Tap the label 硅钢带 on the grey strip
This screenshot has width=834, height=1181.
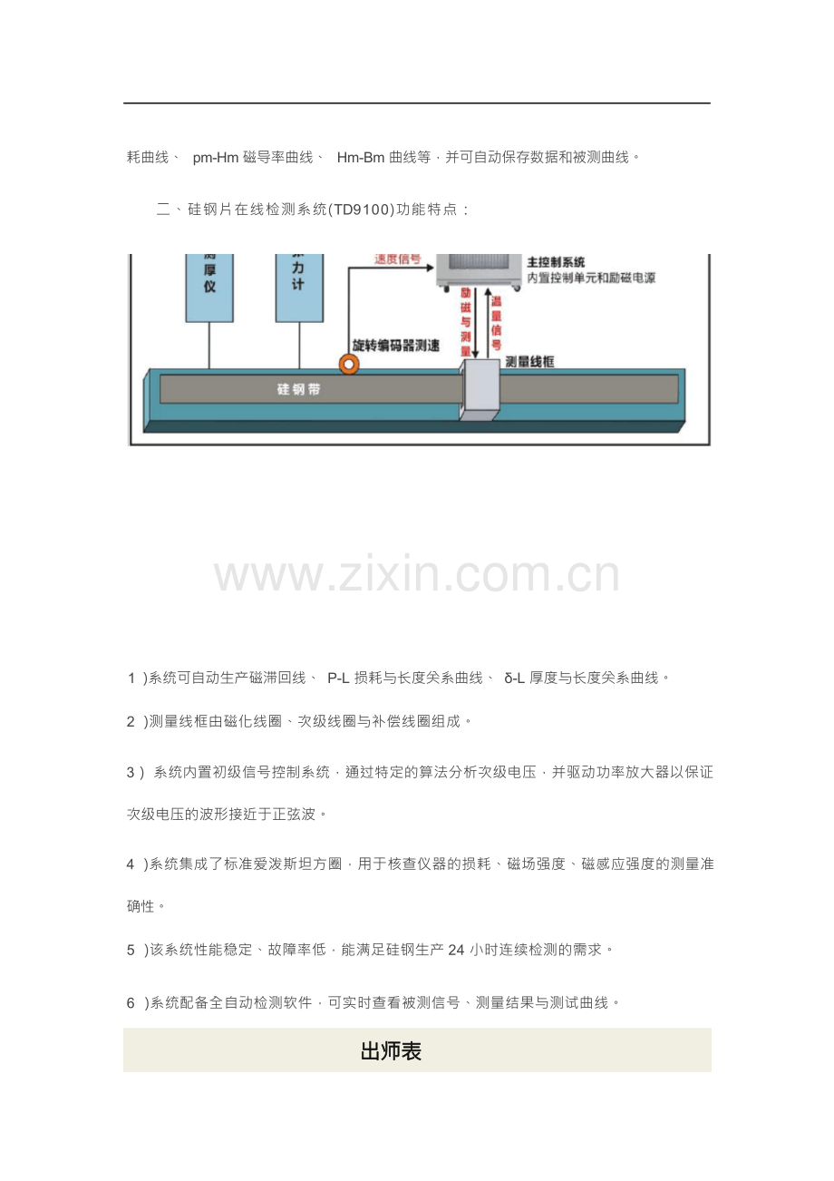tap(299, 390)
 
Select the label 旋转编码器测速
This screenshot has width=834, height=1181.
tap(395, 346)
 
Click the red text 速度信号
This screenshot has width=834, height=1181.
tap(398, 259)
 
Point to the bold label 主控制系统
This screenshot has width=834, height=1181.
tap(556, 262)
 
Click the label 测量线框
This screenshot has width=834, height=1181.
tap(529, 362)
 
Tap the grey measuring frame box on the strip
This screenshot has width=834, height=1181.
tap(480, 390)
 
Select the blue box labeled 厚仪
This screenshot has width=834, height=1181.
tap(209, 288)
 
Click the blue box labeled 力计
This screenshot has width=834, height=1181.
tap(299, 288)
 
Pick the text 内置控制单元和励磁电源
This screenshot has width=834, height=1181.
tap(591, 278)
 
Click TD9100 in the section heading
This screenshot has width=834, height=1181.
tap(362, 210)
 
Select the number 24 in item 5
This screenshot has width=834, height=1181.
tap(456, 950)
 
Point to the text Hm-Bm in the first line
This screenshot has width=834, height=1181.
tap(361, 158)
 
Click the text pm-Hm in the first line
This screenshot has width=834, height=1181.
tap(216, 158)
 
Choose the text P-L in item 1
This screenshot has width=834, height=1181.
tap(338, 678)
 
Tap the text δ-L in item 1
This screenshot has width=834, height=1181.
tap(514, 678)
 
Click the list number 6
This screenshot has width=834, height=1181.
tap(131, 1003)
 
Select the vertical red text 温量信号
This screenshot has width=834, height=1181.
tap(496, 323)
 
